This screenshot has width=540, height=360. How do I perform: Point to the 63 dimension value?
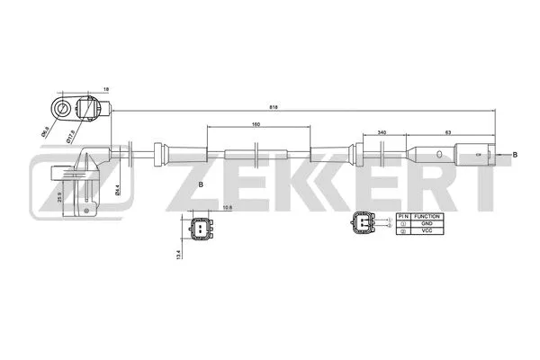click(x=447, y=131)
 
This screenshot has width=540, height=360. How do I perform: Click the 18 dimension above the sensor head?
click(x=106, y=90)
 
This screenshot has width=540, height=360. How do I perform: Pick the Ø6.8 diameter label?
click(x=45, y=132)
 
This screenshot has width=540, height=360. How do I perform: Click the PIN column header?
click(x=403, y=216)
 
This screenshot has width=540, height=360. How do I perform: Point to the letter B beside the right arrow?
click(x=514, y=155)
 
